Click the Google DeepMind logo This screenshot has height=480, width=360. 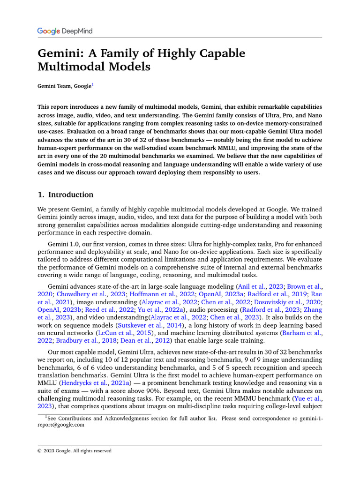pyautogui.click(x=65, y=31)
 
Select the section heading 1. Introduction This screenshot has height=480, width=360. pyautogui.click(x=65, y=195)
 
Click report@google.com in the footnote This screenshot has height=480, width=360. pyautogui.click(x=61, y=425)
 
